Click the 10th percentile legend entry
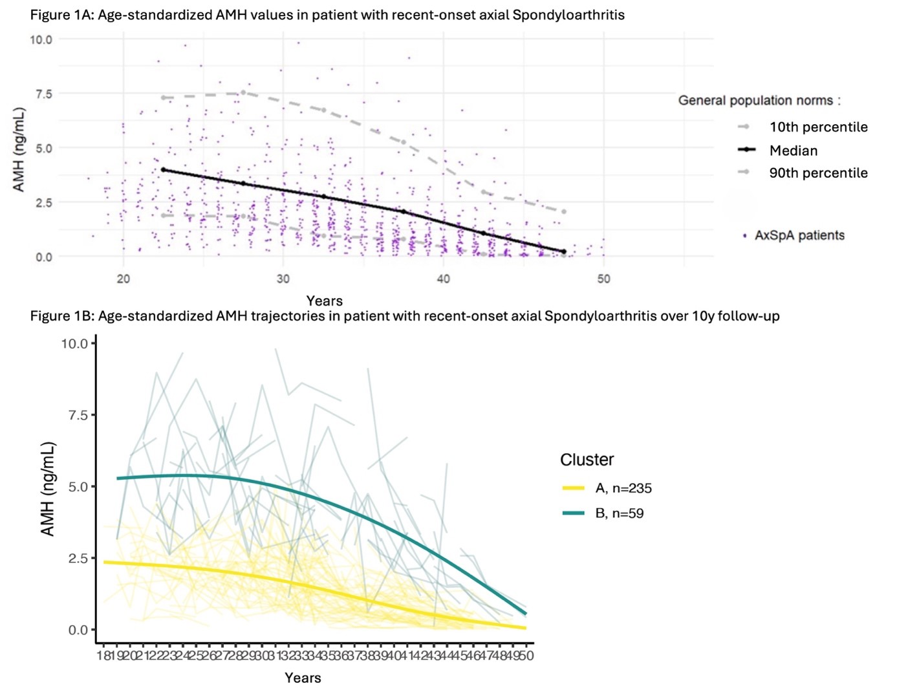pyautogui.click(x=818, y=127)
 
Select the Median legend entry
pyautogui.click(x=794, y=151)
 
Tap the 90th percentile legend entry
pyautogui.click(x=818, y=173)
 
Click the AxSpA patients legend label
pyautogui.click(x=799, y=235)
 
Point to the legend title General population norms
pyautogui.click(x=759, y=101)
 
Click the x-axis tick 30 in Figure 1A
pyautogui.click(x=283, y=279)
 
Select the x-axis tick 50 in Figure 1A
pyautogui.click(x=603, y=279)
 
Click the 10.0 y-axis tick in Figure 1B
pyautogui.click(x=74, y=344)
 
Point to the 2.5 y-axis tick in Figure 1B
pyautogui.click(x=78, y=559)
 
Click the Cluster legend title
pyautogui.click(x=587, y=460)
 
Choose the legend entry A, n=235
pyautogui.click(x=623, y=489)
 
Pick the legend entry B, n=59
pyautogui.click(x=619, y=514)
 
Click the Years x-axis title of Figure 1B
pyautogui.click(x=303, y=678)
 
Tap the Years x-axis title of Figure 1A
pyautogui.click(x=325, y=301)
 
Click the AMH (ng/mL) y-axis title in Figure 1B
pyautogui.click(x=48, y=489)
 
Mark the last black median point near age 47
pyautogui.click(x=563, y=252)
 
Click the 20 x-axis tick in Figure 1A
pyautogui.click(x=124, y=279)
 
